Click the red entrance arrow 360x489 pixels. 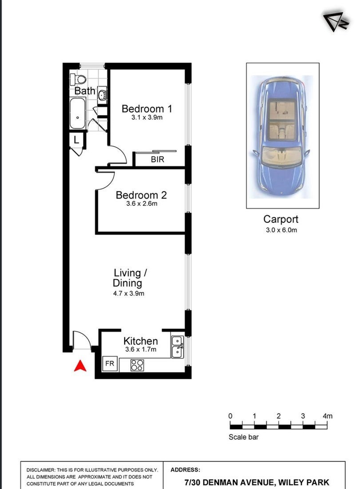(80, 366)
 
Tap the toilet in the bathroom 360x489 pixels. (78, 79)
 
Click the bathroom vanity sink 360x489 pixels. (102, 94)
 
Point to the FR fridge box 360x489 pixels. (110, 363)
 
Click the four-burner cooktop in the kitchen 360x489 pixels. (137, 365)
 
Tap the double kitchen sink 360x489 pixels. (178, 347)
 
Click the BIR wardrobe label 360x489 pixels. (158, 159)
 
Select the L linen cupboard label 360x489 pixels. (76, 140)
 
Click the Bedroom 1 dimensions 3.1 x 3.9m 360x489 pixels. (147, 118)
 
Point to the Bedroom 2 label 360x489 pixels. (141, 195)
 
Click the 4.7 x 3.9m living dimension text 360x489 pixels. (129, 293)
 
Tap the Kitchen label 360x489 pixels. (141, 341)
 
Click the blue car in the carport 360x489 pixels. (282, 136)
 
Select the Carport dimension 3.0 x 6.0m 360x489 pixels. (281, 230)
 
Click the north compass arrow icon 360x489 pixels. (335, 22)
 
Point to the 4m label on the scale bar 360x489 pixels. (328, 416)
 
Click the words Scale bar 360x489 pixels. (244, 437)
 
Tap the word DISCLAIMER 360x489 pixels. (40, 470)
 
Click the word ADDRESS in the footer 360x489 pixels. (185, 469)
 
